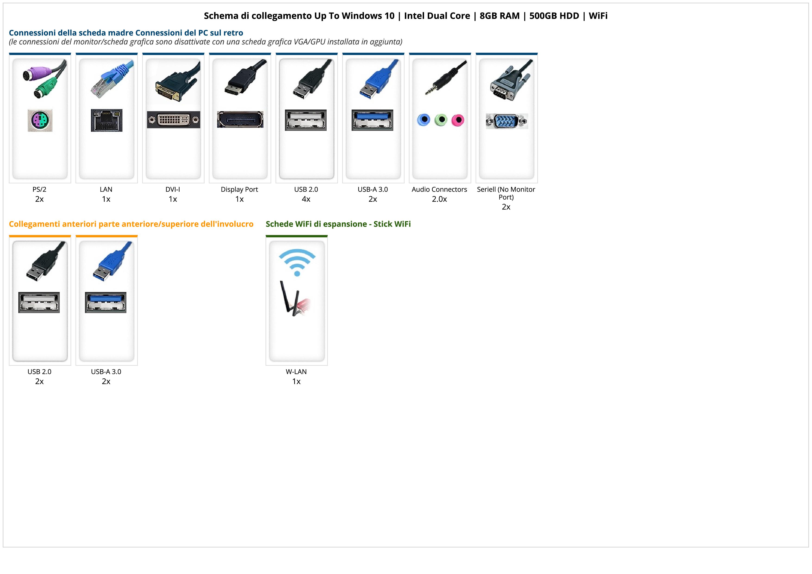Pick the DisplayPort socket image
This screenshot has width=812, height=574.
click(240, 119)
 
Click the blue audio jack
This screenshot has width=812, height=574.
click(424, 120)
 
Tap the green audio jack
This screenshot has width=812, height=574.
click(441, 120)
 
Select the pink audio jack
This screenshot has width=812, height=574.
click(458, 120)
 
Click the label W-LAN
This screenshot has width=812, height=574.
click(296, 372)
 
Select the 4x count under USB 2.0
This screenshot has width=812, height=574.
click(306, 199)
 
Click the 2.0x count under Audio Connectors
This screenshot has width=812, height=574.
click(439, 199)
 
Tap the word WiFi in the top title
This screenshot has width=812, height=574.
click(598, 16)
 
